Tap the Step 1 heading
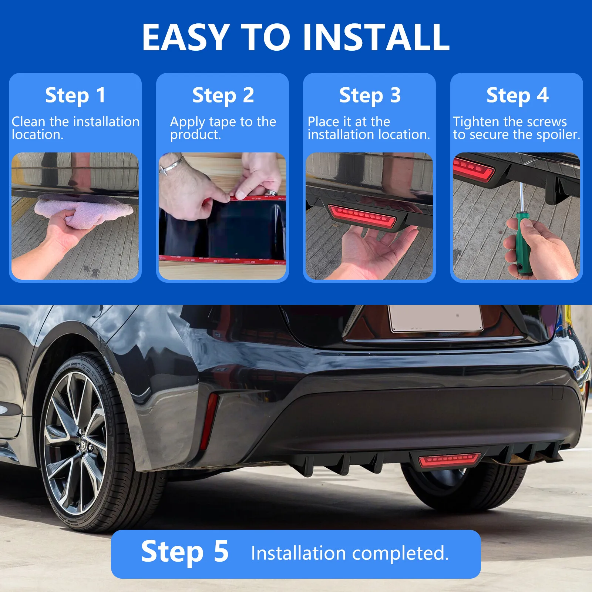pyautogui.click(x=75, y=95)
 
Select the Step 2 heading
pyautogui.click(x=223, y=95)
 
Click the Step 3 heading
pyautogui.click(x=370, y=95)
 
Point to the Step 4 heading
pyautogui.click(x=517, y=95)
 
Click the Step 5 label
pyautogui.click(x=185, y=552)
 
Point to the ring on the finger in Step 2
pyautogui.click(x=272, y=192)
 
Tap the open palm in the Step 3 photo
pyautogui.click(x=374, y=250)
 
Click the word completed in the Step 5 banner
pyautogui.click(x=400, y=554)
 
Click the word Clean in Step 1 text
pyautogui.click(x=28, y=121)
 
